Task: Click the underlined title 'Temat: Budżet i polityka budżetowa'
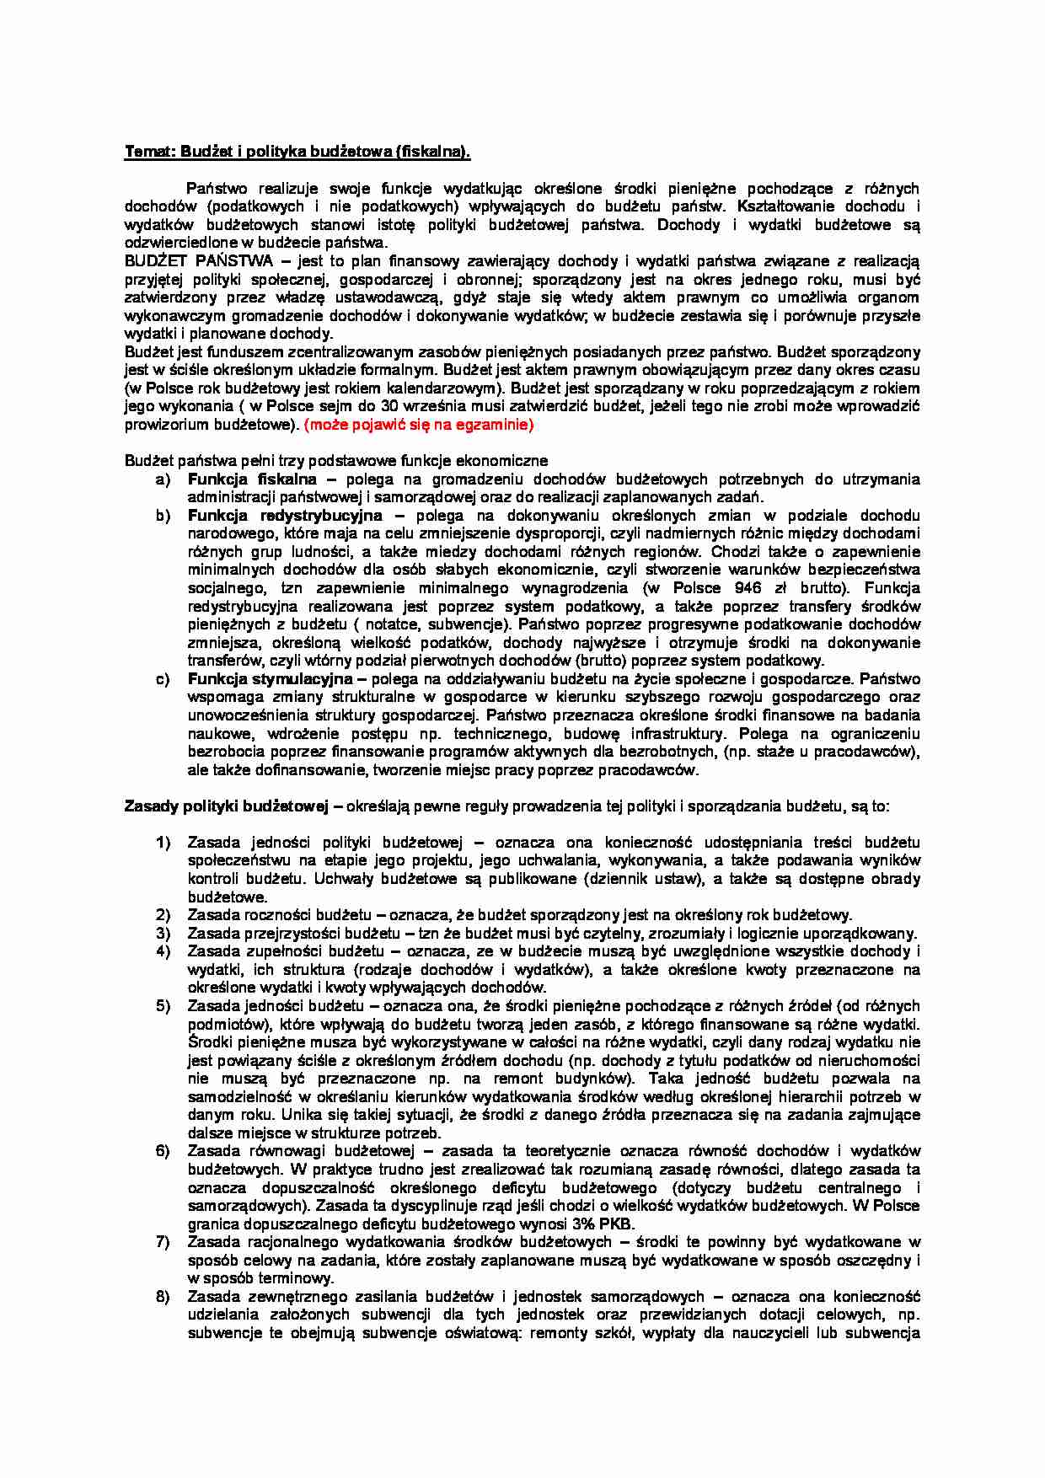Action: pos(297,152)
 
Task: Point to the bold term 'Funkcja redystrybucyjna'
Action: pos(284,515)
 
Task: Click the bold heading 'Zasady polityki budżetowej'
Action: pos(225,806)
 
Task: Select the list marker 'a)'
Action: pos(162,479)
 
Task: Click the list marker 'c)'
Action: pos(162,678)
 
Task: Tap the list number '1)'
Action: pos(162,842)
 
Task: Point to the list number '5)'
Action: pos(162,1005)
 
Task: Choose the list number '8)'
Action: pos(162,1296)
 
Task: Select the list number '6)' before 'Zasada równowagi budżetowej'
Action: pos(162,1151)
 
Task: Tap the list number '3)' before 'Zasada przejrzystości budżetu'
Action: pos(162,933)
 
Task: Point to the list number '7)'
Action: pos(162,1241)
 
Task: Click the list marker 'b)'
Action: pos(162,515)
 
